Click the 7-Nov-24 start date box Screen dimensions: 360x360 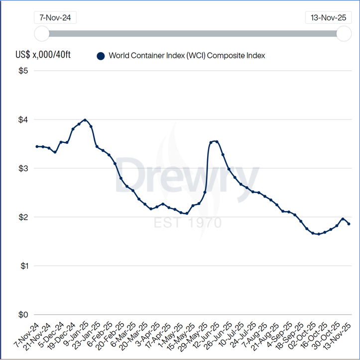[55, 17]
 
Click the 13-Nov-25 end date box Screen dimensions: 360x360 [328, 17]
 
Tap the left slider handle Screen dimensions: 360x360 [42, 34]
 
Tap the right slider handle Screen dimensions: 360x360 [344, 34]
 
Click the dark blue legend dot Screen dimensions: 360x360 [101, 56]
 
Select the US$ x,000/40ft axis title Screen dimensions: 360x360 [43, 54]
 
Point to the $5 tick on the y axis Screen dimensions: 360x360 [22, 71]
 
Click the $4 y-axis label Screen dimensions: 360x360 [22, 120]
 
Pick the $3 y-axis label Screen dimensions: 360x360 [22, 169]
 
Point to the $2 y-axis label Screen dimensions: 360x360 [22, 218]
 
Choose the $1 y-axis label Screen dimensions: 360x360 [22, 266]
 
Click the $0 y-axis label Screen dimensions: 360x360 [22, 315]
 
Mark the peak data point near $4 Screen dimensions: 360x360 [85, 120]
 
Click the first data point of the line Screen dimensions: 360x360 [37, 146]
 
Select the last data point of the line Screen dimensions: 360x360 [349, 224]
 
